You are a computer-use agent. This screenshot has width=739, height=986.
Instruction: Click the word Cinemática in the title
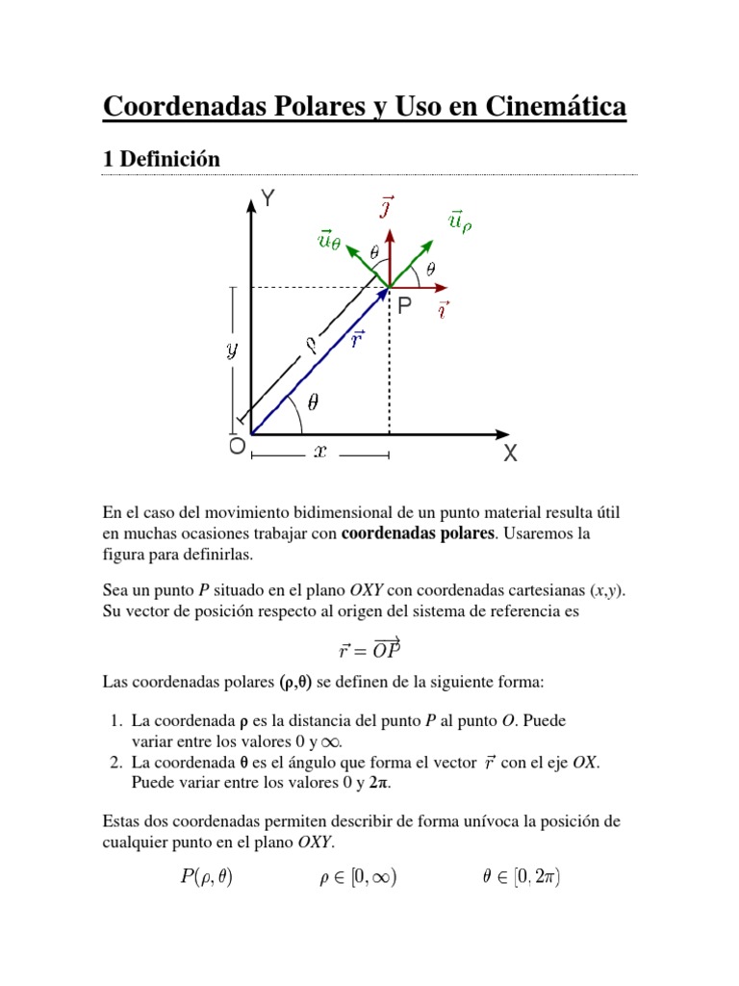pyautogui.click(x=547, y=106)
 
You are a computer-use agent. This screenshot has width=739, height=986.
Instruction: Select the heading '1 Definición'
pyautogui.click(x=162, y=160)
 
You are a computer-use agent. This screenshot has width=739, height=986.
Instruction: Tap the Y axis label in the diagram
pyautogui.click(x=269, y=199)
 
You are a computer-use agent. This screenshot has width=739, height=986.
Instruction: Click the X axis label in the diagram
pyautogui.click(x=510, y=454)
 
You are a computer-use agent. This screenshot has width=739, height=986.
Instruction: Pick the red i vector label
pyautogui.click(x=443, y=310)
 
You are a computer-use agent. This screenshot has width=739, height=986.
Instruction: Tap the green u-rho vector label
pyautogui.click(x=460, y=222)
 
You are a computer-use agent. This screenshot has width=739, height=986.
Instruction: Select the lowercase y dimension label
pyautogui.click(x=232, y=350)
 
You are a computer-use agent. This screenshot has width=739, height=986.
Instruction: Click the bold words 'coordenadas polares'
pyautogui.click(x=418, y=534)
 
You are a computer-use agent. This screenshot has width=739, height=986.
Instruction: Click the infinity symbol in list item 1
pyautogui.click(x=331, y=740)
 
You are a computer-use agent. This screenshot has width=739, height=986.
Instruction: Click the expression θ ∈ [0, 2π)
pyautogui.click(x=522, y=877)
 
